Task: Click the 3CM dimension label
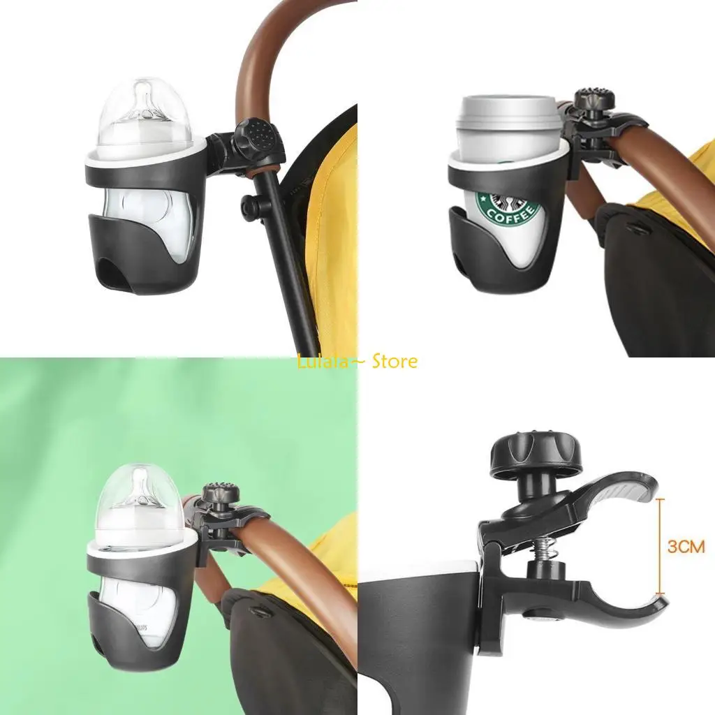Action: coord(686,546)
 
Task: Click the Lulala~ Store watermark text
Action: coord(357,362)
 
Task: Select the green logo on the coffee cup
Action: coord(508,207)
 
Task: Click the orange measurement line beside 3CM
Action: coord(661,547)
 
